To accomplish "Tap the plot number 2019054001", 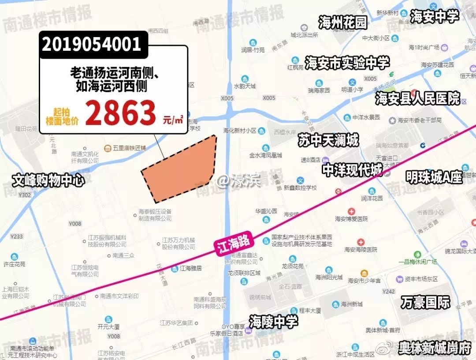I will coord(92,44).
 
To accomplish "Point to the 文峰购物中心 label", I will coord(48,180).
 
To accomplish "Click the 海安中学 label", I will coord(434,16).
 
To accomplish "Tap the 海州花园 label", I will coord(343,22).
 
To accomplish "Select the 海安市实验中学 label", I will coord(347,63).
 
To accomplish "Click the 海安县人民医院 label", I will coord(418,98).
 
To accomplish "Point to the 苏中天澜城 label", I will coord(328,141).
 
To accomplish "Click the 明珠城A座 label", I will coord(434,177).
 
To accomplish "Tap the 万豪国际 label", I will coord(425,302).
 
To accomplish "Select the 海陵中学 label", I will coord(273,322).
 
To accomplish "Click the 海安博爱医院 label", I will coord(351,218).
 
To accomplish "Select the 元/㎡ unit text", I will coord(173,120).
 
